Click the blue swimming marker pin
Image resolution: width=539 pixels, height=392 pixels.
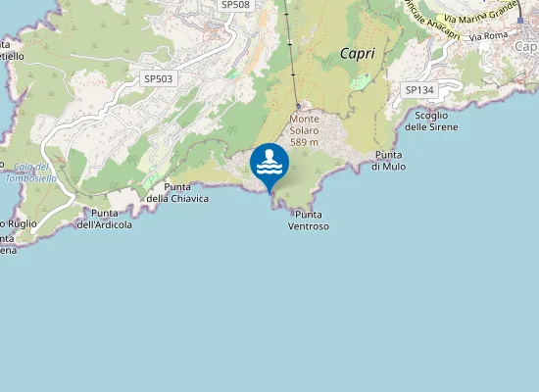pyautogui.click(x=269, y=164)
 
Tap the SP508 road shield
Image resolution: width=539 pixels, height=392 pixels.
pyautogui.click(x=235, y=5)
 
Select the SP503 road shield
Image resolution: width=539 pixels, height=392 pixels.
pyautogui.click(x=158, y=78)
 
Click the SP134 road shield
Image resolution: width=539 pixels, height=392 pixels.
pyautogui.click(x=419, y=90)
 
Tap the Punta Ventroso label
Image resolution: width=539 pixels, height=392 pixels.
pyautogui.click(x=308, y=220)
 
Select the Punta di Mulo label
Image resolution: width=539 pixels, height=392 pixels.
pyautogui.click(x=388, y=161)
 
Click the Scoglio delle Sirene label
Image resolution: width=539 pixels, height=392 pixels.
pyautogui.click(x=430, y=121)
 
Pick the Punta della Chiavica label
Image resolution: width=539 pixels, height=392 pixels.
pyautogui.click(x=177, y=192)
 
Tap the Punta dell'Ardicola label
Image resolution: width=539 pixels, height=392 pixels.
pyautogui.click(x=105, y=219)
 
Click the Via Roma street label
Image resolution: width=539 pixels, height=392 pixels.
pyautogui.click(x=489, y=35)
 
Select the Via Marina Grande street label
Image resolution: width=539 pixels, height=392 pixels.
pyautogui.click(x=480, y=14)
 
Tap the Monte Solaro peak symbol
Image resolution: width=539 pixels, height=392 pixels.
pyautogui.click(x=299, y=107)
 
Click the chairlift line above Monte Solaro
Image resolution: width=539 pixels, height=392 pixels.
pyautogui.click(x=291, y=59)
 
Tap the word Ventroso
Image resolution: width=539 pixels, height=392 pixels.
pyautogui.click(x=309, y=226)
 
